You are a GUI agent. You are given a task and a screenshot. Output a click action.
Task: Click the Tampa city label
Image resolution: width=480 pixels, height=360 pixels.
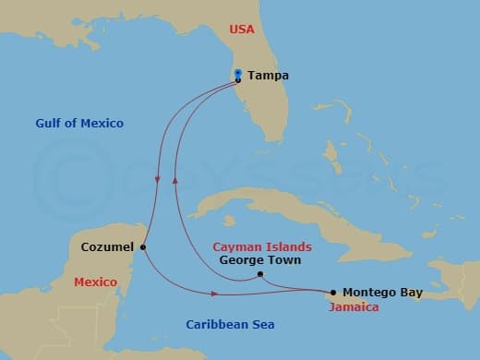click(268, 76)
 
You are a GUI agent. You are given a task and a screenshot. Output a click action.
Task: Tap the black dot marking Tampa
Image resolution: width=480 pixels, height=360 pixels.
click(238, 80)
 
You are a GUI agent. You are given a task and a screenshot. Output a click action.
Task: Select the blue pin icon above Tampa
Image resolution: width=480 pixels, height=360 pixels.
click(238, 72)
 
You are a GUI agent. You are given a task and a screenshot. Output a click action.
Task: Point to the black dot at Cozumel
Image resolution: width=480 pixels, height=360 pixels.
click(143, 246)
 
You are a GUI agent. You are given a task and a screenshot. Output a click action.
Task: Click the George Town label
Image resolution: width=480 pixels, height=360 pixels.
click(261, 260)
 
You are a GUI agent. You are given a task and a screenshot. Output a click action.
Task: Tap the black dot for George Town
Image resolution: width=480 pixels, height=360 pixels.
click(261, 274)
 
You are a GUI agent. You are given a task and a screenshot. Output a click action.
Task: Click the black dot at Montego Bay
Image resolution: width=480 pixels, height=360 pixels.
click(333, 292)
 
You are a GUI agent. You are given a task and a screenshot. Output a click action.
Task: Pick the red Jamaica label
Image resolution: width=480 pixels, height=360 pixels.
click(354, 306)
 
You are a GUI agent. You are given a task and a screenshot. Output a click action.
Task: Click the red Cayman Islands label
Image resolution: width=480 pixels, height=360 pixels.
click(262, 246)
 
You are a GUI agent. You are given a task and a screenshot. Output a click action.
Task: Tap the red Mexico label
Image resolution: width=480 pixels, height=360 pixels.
click(95, 282)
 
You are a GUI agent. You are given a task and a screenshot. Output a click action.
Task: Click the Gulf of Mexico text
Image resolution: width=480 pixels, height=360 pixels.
click(79, 123)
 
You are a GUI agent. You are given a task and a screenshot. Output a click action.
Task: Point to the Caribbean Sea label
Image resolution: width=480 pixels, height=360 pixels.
click(230, 324)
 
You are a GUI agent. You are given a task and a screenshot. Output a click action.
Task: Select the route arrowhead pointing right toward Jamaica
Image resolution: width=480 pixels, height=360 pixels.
click(216, 294)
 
